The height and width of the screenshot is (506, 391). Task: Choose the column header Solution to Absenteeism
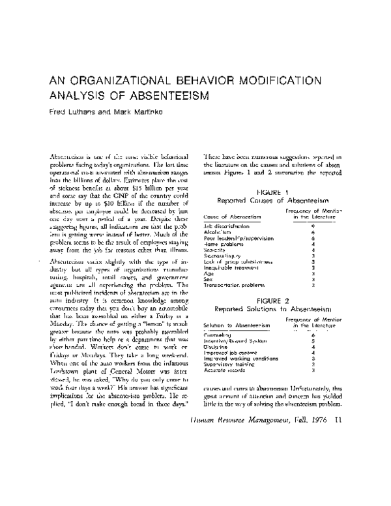click(x=237, y=324)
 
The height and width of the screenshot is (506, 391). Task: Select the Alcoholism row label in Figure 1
click(x=220, y=231)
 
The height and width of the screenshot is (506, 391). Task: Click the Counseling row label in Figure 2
click(x=219, y=335)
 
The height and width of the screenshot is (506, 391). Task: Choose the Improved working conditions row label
click(x=241, y=358)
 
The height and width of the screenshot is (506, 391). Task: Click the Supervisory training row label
click(x=231, y=364)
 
